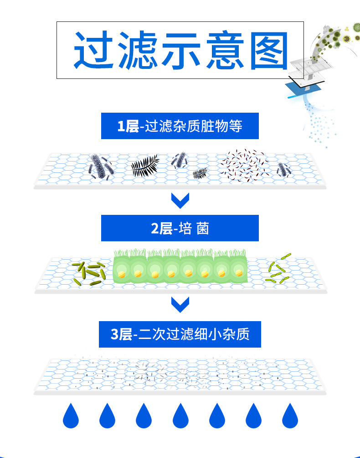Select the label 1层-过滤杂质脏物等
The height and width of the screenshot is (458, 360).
click(x=180, y=126)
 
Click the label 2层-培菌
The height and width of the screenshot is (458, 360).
click(x=180, y=228)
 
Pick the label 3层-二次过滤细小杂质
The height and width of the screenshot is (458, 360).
click(x=180, y=334)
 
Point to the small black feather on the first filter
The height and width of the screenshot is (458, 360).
click(x=200, y=173)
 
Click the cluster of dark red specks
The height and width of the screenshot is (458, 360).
click(x=244, y=165)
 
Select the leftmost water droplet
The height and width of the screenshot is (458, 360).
click(x=71, y=416)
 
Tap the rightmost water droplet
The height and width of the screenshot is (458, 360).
click(x=290, y=416)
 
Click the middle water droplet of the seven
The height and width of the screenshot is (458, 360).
click(x=180, y=416)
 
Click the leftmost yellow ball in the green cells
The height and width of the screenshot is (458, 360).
click(x=121, y=274)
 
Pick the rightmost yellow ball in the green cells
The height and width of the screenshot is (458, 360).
click(x=239, y=273)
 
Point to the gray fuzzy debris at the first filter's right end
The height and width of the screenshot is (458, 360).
click(x=283, y=170)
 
